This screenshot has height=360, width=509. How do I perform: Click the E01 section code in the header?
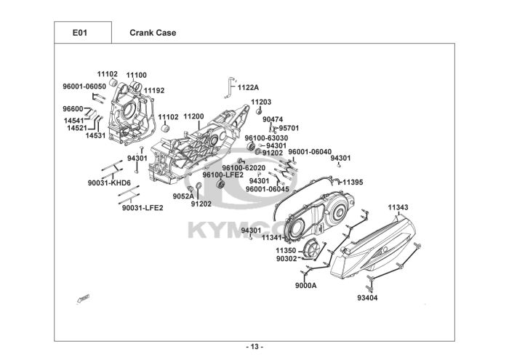tap(80, 33)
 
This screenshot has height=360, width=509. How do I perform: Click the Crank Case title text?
tap(153, 33)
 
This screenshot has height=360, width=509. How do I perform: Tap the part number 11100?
tap(137, 76)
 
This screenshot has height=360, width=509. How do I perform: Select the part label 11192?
tap(154, 91)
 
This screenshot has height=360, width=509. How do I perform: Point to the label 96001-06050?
tap(84, 87)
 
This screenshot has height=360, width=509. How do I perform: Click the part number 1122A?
tap(249, 88)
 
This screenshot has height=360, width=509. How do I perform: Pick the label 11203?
tap(261, 102)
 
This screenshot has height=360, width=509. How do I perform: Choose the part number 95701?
tap(289, 128)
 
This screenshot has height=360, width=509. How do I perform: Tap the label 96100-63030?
tap(266, 138)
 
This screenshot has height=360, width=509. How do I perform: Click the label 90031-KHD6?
tap(109, 183)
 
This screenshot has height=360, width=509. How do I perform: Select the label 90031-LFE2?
tap(143, 208)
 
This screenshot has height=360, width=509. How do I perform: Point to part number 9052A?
tap(183, 196)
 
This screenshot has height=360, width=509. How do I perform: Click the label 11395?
tap(353, 183)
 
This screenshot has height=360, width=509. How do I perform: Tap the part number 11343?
tap(398, 207)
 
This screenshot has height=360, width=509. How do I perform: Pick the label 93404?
tap(367, 297)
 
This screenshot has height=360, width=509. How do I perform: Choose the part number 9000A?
tap(306, 286)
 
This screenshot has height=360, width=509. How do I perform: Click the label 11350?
tap(286, 251)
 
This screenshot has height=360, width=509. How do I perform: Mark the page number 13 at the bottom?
tap(254, 347)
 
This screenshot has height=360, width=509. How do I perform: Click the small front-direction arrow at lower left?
tap(83, 299)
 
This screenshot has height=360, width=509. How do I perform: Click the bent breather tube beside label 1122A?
tap(231, 87)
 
